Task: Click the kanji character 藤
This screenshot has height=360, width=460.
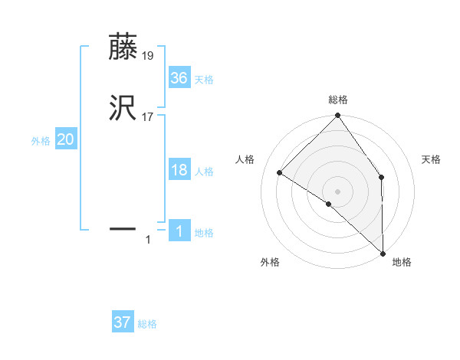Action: point(123,47)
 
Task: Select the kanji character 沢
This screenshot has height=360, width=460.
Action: point(123,109)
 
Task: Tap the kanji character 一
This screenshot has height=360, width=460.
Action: point(123,228)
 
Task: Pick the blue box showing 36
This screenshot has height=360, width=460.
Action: point(179,78)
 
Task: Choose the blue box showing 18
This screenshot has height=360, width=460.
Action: point(179,170)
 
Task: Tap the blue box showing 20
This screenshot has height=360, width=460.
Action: point(66,139)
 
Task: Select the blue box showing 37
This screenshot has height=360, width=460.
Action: point(123,322)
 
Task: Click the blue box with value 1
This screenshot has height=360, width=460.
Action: point(179,231)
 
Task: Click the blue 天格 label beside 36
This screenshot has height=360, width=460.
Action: point(204,80)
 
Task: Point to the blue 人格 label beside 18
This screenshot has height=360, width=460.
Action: point(204,172)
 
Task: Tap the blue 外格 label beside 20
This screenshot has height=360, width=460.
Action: point(41,141)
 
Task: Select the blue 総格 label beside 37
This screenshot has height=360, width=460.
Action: point(147,324)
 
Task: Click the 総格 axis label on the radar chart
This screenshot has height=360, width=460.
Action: point(338,100)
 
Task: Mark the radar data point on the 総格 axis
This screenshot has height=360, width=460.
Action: point(337,116)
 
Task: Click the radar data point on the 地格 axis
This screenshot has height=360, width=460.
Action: point(383,254)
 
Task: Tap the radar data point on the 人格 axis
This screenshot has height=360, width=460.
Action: point(280,173)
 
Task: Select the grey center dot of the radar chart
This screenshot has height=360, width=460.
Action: point(337,191)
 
